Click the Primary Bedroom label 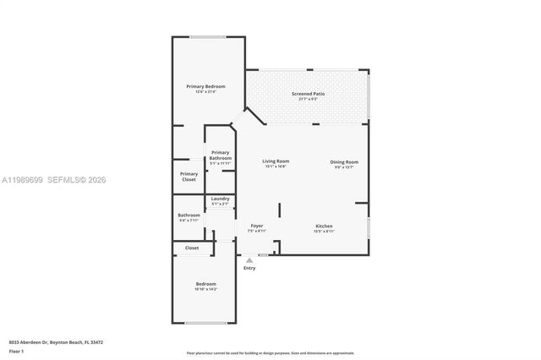point(206,87)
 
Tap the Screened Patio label point(308,94)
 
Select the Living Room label point(276,161)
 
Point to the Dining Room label point(344,161)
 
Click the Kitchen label point(324,226)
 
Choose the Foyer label point(256,226)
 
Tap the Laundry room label point(221,199)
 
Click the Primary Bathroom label point(221,155)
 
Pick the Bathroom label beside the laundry point(189,215)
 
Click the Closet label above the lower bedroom point(192,248)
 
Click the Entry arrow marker point(249,260)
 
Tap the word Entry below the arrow point(249,268)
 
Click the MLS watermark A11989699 point(24,180)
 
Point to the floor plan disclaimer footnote point(270,352)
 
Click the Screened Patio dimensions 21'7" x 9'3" point(308,99)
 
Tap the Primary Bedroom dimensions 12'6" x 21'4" point(206,92)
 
